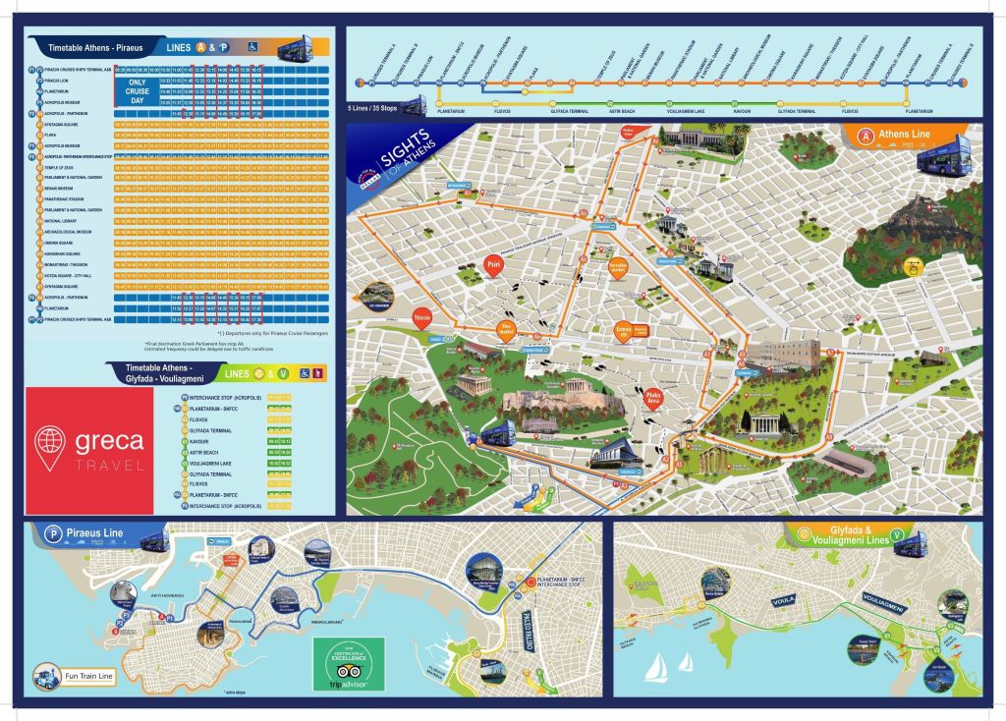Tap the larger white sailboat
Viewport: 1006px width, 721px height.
655,670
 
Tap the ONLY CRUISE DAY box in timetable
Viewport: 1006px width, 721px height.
137,91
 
